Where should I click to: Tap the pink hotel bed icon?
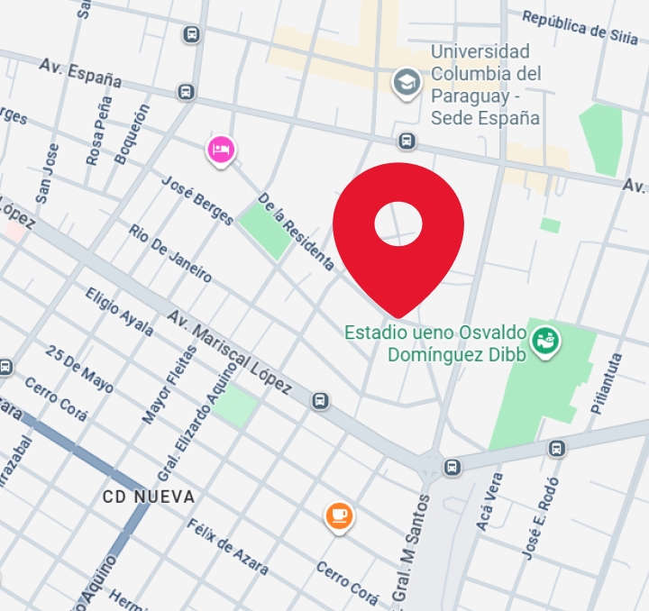click(221, 149)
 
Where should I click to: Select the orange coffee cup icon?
click(338, 515)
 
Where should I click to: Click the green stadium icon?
click(544, 342)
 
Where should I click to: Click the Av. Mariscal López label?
click(230, 352)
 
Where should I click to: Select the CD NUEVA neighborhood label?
click(149, 497)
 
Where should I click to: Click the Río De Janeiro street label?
click(170, 253)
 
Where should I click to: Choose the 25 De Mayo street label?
click(80, 369)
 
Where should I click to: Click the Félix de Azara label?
click(227, 547)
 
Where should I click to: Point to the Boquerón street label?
click(133, 133)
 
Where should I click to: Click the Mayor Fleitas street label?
click(169, 385)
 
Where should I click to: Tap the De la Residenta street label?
click(296, 232)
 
